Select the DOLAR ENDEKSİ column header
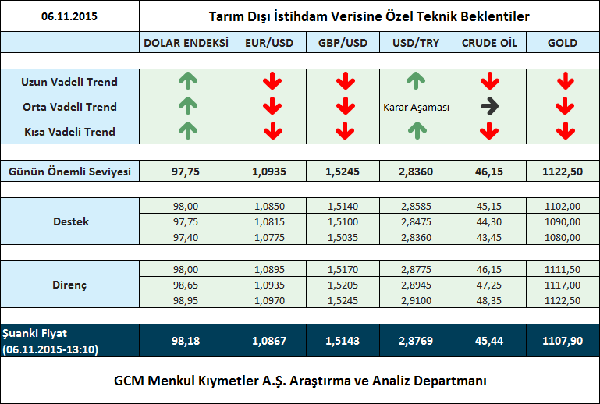tap(186, 43)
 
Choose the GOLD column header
tap(562, 43)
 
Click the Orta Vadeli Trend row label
tap(69, 107)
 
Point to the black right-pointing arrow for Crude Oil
tap(489, 107)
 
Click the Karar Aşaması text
tap(416, 108)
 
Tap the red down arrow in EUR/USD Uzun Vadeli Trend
tap(272, 80)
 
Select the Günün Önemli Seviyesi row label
tap(69, 171)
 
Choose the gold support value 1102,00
tap(563, 207)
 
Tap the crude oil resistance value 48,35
tap(489, 300)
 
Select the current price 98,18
tap(186, 341)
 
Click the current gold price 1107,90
tap(563, 341)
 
